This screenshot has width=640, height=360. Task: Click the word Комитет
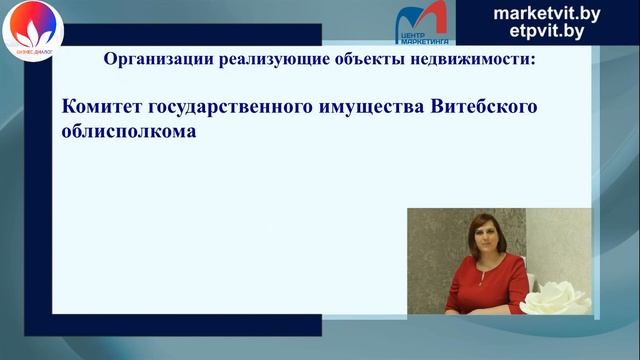coord(104,107)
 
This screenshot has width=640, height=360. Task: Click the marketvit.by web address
coord(547,12)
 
